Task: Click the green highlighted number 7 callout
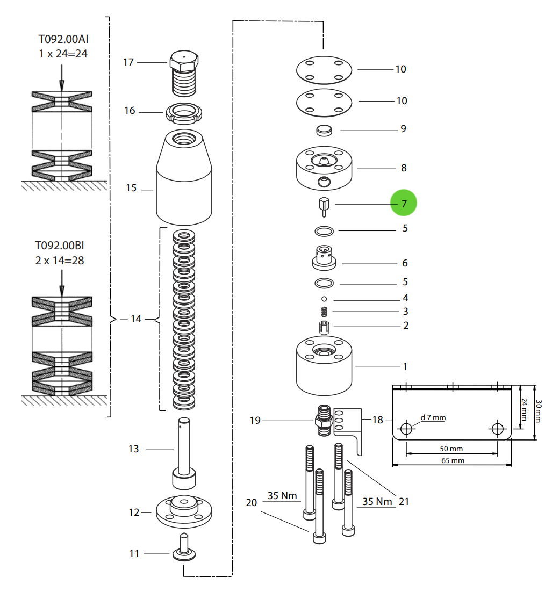point(403,204)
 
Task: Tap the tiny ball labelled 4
point(324,298)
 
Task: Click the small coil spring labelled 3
point(324,311)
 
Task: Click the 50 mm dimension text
point(451,449)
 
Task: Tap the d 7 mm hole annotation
point(433,417)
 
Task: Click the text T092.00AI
point(62,39)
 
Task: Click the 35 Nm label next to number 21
point(377,501)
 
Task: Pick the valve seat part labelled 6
point(324,258)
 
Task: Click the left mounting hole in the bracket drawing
point(406,428)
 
